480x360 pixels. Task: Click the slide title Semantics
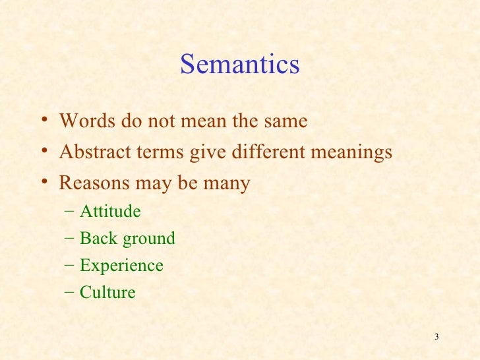[x=239, y=65]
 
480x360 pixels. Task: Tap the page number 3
[x=437, y=338]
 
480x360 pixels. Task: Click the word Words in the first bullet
[x=87, y=122]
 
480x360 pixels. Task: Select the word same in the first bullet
[x=284, y=122]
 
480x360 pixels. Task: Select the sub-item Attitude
[x=110, y=212]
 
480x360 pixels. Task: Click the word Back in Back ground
[x=95, y=238]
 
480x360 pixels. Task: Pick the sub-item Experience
[x=121, y=266]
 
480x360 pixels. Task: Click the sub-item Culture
[x=107, y=292]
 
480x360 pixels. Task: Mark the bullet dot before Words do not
[x=43, y=121]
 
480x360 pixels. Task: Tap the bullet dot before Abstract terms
[x=43, y=152]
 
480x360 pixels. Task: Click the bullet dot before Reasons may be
[x=43, y=182]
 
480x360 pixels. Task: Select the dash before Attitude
[x=70, y=212]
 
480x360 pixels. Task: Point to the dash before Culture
[x=70, y=292]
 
